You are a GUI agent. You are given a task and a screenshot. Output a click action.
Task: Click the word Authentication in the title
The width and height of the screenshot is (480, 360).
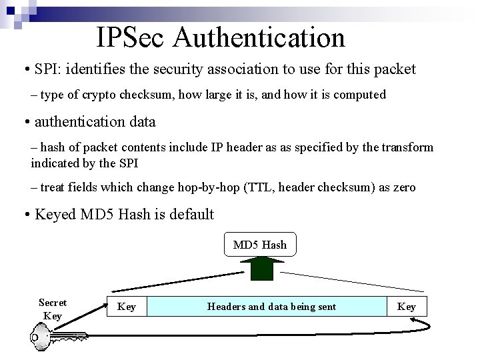click(258, 38)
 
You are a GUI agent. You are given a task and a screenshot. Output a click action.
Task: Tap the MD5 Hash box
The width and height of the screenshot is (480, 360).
click(260, 245)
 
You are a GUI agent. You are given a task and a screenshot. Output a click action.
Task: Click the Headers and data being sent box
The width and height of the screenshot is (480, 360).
click(271, 307)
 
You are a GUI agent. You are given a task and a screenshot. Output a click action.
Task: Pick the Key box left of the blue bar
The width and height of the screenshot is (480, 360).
click(127, 307)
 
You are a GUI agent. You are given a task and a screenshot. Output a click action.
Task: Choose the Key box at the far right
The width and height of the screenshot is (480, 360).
click(406, 307)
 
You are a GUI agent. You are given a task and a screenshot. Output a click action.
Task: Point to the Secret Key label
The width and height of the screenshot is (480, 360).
click(53, 309)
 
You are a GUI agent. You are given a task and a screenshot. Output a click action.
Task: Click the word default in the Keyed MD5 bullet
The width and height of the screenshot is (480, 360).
click(189, 214)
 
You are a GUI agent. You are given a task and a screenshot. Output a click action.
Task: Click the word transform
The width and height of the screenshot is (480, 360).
click(408, 147)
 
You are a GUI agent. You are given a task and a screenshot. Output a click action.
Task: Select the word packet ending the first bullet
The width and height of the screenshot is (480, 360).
click(396, 69)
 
